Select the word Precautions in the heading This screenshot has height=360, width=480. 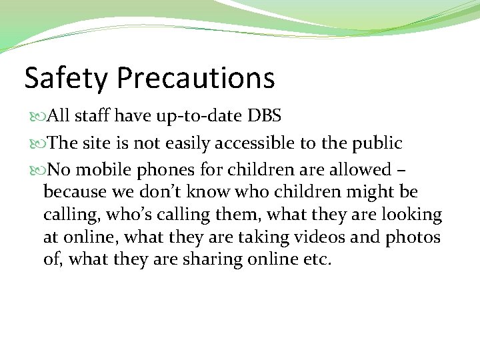(x=195, y=78)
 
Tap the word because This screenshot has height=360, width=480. (x=73, y=192)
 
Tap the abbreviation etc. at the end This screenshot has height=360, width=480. (x=317, y=259)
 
